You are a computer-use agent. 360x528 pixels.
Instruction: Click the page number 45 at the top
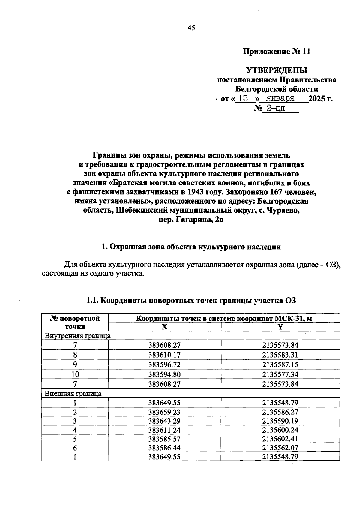click(x=191, y=28)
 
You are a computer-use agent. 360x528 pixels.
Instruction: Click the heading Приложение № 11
click(x=276, y=52)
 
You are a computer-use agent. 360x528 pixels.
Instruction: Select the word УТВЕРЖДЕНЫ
click(x=277, y=70)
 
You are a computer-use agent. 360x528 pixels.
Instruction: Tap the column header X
click(x=164, y=327)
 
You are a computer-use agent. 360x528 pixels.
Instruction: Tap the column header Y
click(x=280, y=327)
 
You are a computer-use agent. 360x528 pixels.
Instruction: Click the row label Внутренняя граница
click(x=78, y=336)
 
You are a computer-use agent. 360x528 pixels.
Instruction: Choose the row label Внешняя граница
click(x=73, y=393)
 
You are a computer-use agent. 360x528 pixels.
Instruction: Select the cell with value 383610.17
click(x=164, y=355)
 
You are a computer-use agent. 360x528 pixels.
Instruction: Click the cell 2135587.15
click(x=280, y=364)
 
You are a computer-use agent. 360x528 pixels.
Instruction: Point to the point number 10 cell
click(x=75, y=374)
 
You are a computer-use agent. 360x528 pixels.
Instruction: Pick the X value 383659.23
click(x=164, y=412)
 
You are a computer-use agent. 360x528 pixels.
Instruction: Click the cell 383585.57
click(x=164, y=439)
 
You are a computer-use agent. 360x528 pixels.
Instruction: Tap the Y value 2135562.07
click(x=280, y=448)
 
